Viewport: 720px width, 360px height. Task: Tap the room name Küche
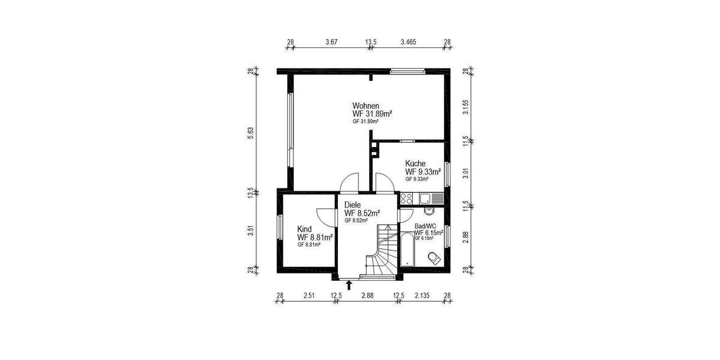tap(415, 163)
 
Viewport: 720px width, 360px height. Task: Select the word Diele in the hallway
tap(353, 205)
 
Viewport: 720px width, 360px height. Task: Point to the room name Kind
tap(305, 229)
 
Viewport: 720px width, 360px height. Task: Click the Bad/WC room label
tap(425, 226)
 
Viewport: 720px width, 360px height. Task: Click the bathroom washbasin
tap(428, 211)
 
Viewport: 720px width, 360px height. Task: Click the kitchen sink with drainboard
tap(431, 197)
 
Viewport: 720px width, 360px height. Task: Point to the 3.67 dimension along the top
tap(332, 43)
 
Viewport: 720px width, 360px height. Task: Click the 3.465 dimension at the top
tap(408, 43)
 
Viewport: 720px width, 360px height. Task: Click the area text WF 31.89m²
tap(372, 113)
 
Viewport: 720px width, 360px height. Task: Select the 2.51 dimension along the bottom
tap(309, 295)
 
